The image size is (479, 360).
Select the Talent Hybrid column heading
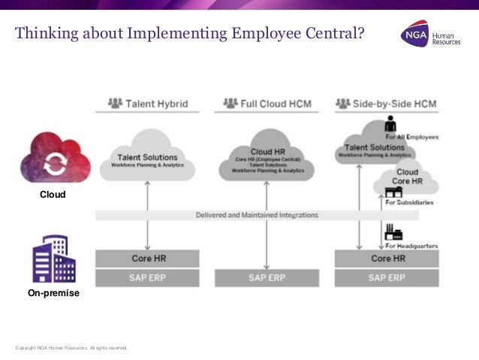(x=148, y=103)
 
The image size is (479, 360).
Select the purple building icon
(x=54, y=259)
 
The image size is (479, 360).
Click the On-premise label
(x=53, y=293)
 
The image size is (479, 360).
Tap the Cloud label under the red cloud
(x=53, y=195)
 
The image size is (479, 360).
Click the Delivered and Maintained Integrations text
(x=257, y=215)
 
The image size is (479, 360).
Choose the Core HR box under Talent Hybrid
(x=147, y=259)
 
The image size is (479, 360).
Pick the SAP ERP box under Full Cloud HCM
(x=267, y=277)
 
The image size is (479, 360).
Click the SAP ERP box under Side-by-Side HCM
(x=386, y=277)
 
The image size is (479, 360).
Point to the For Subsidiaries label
(x=409, y=202)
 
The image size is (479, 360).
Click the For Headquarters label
(x=411, y=246)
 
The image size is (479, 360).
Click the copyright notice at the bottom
(x=71, y=348)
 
